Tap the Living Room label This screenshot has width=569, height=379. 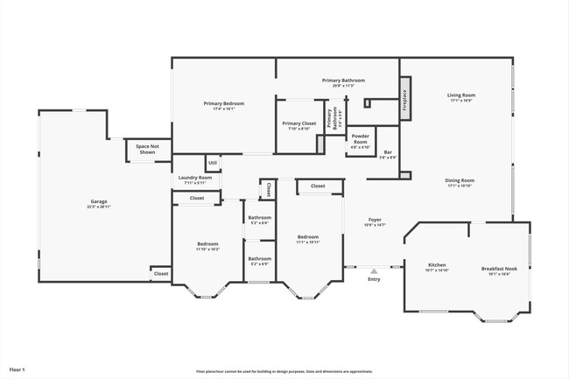460,95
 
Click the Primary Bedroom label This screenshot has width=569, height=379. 224,103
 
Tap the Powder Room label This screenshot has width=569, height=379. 360,138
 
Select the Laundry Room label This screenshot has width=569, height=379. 195,178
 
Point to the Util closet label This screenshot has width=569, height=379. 213,162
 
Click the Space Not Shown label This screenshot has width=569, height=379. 146,149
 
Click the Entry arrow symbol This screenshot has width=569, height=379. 374,271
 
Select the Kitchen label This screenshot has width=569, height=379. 438,265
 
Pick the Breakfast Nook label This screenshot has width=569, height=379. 499,269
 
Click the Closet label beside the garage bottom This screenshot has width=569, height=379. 161,274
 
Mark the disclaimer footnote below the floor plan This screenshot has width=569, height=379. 284,371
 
